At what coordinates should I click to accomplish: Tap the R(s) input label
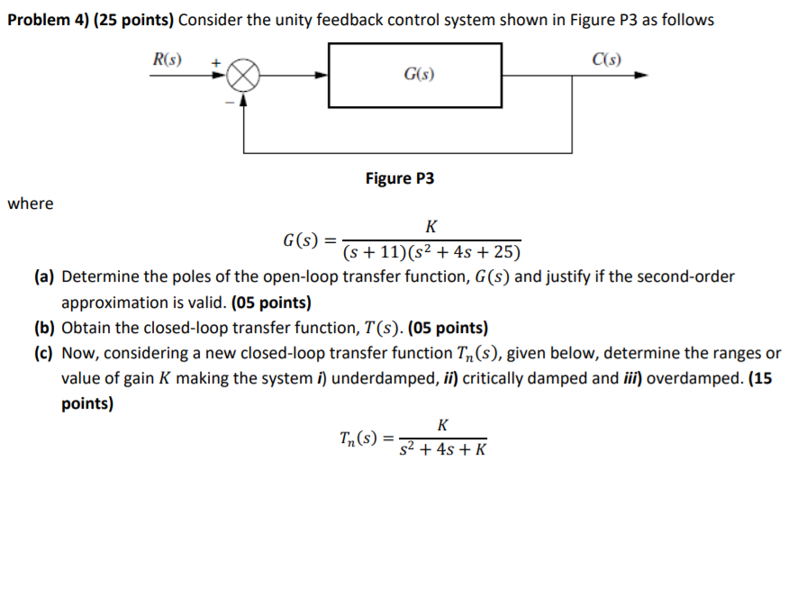pos(168,60)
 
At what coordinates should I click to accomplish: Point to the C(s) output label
pos(606,60)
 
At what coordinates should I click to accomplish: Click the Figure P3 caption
pos(399,178)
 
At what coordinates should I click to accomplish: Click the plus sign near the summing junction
pos(215,62)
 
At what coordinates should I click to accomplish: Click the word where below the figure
pos(31,203)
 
